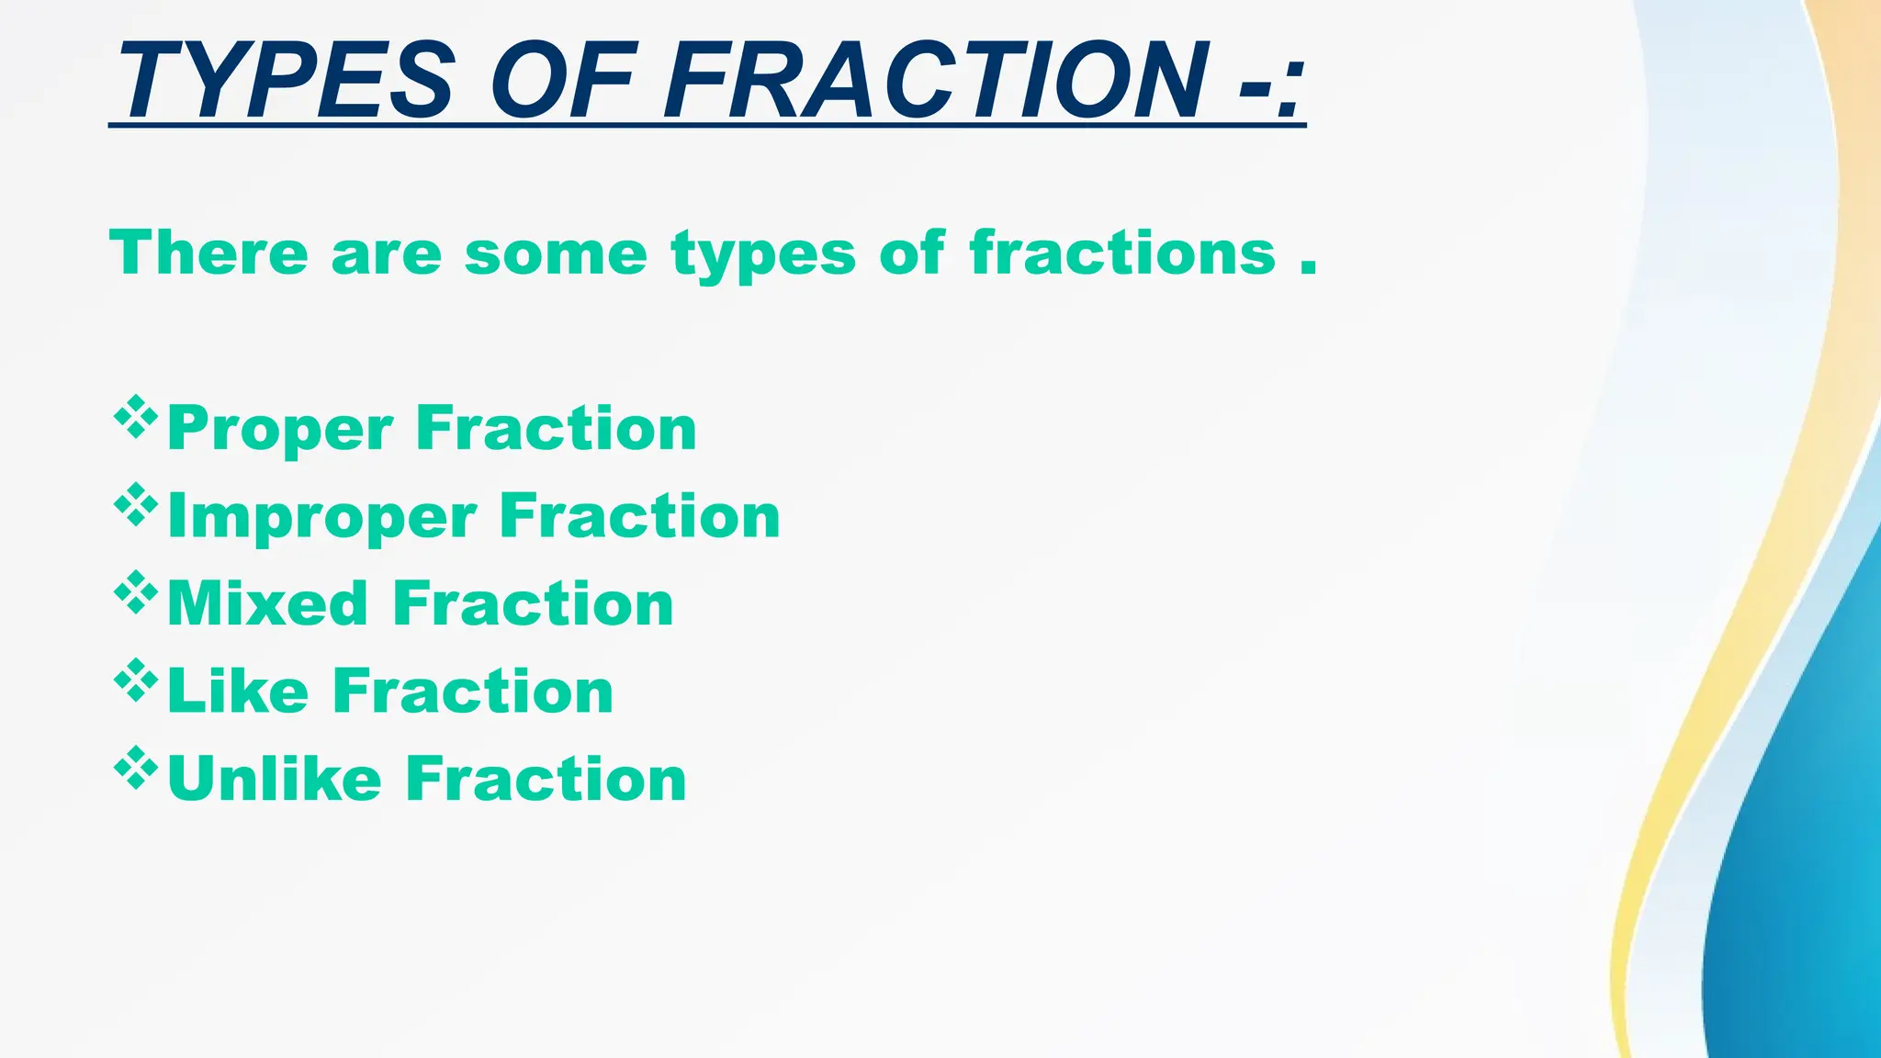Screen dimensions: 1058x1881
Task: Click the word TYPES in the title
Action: point(285,81)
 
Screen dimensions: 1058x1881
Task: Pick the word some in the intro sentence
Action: point(556,253)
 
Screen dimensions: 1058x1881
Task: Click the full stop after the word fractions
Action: point(1309,268)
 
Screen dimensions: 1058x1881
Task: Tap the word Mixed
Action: point(267,604)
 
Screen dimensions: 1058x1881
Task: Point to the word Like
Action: point(238,691)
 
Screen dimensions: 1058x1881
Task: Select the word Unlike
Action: point(274,779)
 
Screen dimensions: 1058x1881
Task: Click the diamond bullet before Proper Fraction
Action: point(136,417)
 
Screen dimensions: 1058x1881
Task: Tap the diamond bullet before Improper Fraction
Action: point(136,504)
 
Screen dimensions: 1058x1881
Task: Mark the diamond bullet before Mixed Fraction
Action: point(136,592)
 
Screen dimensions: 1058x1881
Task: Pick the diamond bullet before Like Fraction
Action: point(136,680)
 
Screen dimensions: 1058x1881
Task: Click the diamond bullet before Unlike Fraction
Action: point(136,768)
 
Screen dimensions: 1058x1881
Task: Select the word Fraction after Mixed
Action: point(533,604)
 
